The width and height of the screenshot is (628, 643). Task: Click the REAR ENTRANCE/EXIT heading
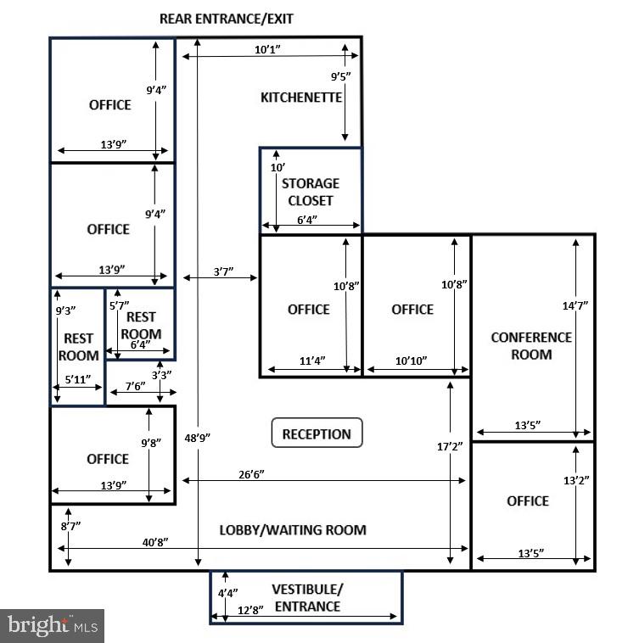click(227, 18)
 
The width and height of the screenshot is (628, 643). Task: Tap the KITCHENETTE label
click(301, 98)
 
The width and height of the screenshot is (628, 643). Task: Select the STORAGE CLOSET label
click(310, 192)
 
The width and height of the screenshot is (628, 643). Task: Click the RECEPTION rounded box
click(317, 433)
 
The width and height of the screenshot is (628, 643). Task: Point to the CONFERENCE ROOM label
click(531, 346)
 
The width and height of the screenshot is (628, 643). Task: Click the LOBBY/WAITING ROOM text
click(293, 530)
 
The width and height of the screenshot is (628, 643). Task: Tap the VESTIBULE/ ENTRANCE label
click(306, 597)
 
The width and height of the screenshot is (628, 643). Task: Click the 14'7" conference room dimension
click(576, 304)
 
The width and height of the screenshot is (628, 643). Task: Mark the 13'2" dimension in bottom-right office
click(576, 480)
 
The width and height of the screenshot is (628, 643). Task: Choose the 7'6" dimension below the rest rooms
click(136, 385)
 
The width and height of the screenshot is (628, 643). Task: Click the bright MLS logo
click(52, 626)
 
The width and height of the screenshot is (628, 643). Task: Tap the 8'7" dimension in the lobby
click(70, 526)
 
